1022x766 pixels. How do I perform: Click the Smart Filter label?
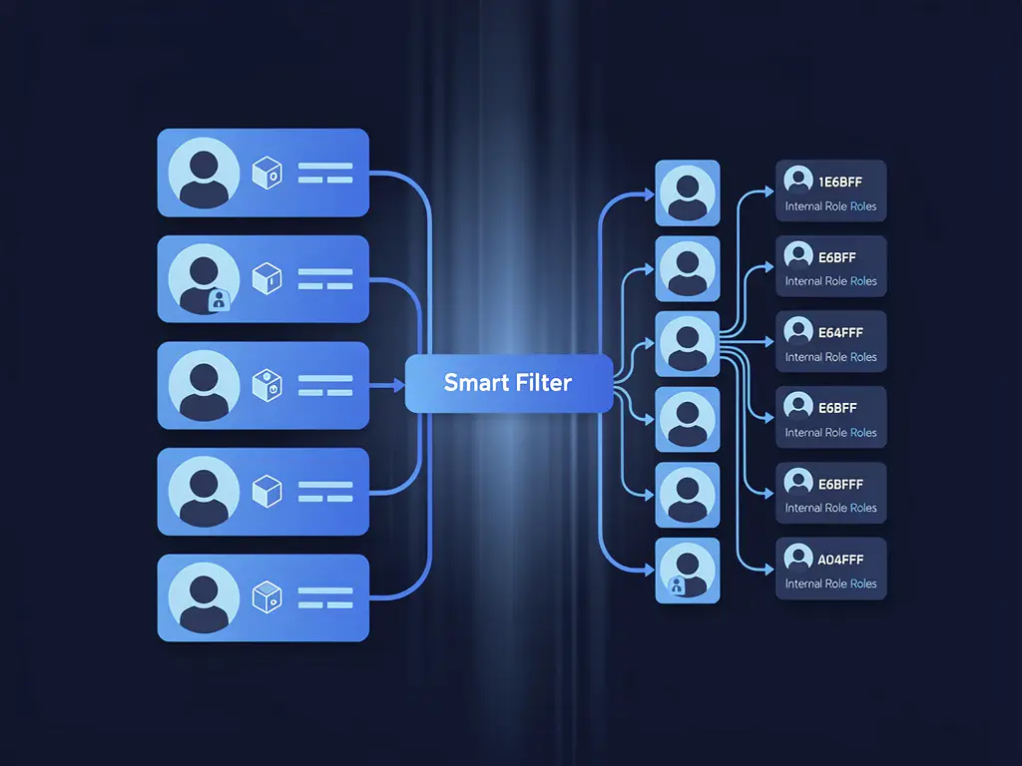tap(508, 382)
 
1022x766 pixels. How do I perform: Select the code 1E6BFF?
tap(840, 182)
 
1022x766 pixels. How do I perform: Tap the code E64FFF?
tap(840, 333)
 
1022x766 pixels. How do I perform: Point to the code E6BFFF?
tap(840, 484)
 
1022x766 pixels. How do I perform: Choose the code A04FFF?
tap(840, 560)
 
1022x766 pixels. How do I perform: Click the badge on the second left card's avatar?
tap(219, 300)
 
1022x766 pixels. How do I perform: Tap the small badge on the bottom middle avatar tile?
tap(677, 586)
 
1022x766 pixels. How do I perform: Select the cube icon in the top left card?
tap(267, 173)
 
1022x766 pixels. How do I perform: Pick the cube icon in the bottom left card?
tap(267, 597)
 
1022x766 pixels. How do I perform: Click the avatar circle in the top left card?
tap(204, 173)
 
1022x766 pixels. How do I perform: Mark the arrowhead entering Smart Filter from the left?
tap(399, 386)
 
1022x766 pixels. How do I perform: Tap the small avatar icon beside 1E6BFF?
tap(798, 180)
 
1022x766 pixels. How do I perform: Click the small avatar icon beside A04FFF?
tap(798, 558)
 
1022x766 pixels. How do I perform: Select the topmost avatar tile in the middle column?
tap(688, 192)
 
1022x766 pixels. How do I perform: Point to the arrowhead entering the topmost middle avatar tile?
tap(649, 194)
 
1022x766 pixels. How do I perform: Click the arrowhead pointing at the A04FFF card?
tap(769, 570)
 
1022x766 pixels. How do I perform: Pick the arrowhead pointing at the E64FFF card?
tap(769, 341)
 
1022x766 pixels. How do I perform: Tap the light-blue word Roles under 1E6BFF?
tap(863, 206)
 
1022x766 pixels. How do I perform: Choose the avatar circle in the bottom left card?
tap(204, 598)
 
